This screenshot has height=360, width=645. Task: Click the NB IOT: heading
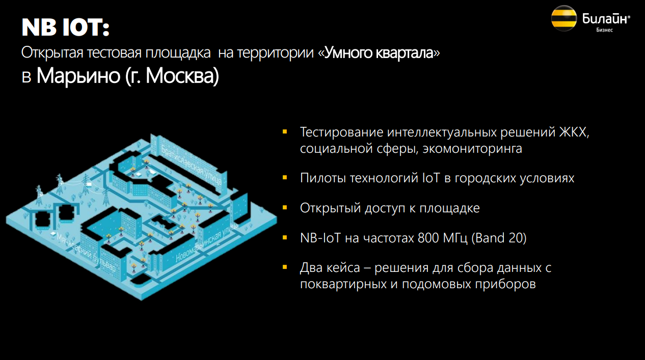[x=65, y=27]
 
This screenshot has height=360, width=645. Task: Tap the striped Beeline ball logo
[x=564, y=18]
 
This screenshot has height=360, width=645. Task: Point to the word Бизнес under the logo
[x=604, y=30]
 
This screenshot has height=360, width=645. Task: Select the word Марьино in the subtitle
[x=78, y=76]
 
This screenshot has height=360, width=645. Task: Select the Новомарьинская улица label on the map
[x=206, y=242]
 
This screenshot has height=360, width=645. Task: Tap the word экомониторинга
[x=472, y=149]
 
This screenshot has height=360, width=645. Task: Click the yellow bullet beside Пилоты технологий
[x=285, y=178]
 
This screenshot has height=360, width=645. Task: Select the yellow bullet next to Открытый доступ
[x=285, y=207]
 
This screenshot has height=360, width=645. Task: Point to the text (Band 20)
[x=499, y=238]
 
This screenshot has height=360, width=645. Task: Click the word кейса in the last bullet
[x=343, y=268]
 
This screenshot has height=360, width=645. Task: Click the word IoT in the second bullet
[x=431, y=178]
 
